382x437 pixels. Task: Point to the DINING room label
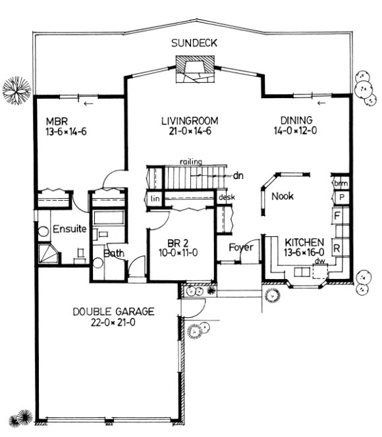(x=296, y=120)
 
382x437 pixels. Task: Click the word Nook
(x=282, y=196)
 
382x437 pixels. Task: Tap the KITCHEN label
(x=304, y=242)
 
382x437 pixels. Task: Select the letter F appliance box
(x=337, y=215)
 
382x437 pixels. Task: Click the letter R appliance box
(x=337, y=247)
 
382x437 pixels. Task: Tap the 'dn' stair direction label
(x=238, y=176)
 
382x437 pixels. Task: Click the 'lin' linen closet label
(x=155, y=198)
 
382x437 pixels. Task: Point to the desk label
(x=227, y=197)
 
